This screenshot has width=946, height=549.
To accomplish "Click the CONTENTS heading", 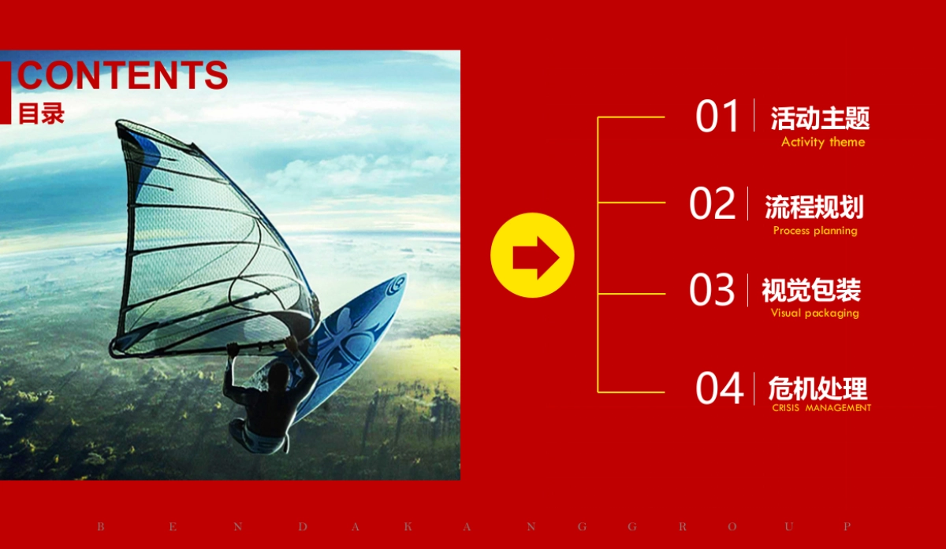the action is (x=122, y=75).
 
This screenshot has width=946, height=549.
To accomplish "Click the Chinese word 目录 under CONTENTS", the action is (x=41, y=113).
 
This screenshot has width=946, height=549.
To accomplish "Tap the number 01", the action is (x=717, y=116).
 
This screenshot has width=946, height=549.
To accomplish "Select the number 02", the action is (x=712, y=203).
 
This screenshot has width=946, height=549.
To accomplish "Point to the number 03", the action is (x=712, y=290).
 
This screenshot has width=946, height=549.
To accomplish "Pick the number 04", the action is (x=719, y=388).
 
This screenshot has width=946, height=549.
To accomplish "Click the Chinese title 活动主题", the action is (x=820, y=118).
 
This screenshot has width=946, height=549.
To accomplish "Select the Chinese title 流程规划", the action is (x=814, y=207).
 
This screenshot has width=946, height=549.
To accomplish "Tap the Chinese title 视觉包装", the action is (x=811, y=291).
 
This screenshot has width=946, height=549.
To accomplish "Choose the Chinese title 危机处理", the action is (x=818, y=388).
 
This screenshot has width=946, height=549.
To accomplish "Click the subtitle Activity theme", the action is (x=823, y=143).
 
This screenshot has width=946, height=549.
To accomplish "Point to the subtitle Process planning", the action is (x=815, y=231).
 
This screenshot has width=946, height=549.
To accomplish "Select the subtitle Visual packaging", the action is (x=814, y=313).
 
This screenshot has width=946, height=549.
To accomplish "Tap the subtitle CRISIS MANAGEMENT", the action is (x=821, y=408).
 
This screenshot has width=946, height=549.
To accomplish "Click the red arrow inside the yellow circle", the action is (x=536, y=258).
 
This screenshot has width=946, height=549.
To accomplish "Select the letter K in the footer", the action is (x=408, y=527).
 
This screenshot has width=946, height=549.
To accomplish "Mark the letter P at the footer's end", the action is (x=847, y=527).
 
